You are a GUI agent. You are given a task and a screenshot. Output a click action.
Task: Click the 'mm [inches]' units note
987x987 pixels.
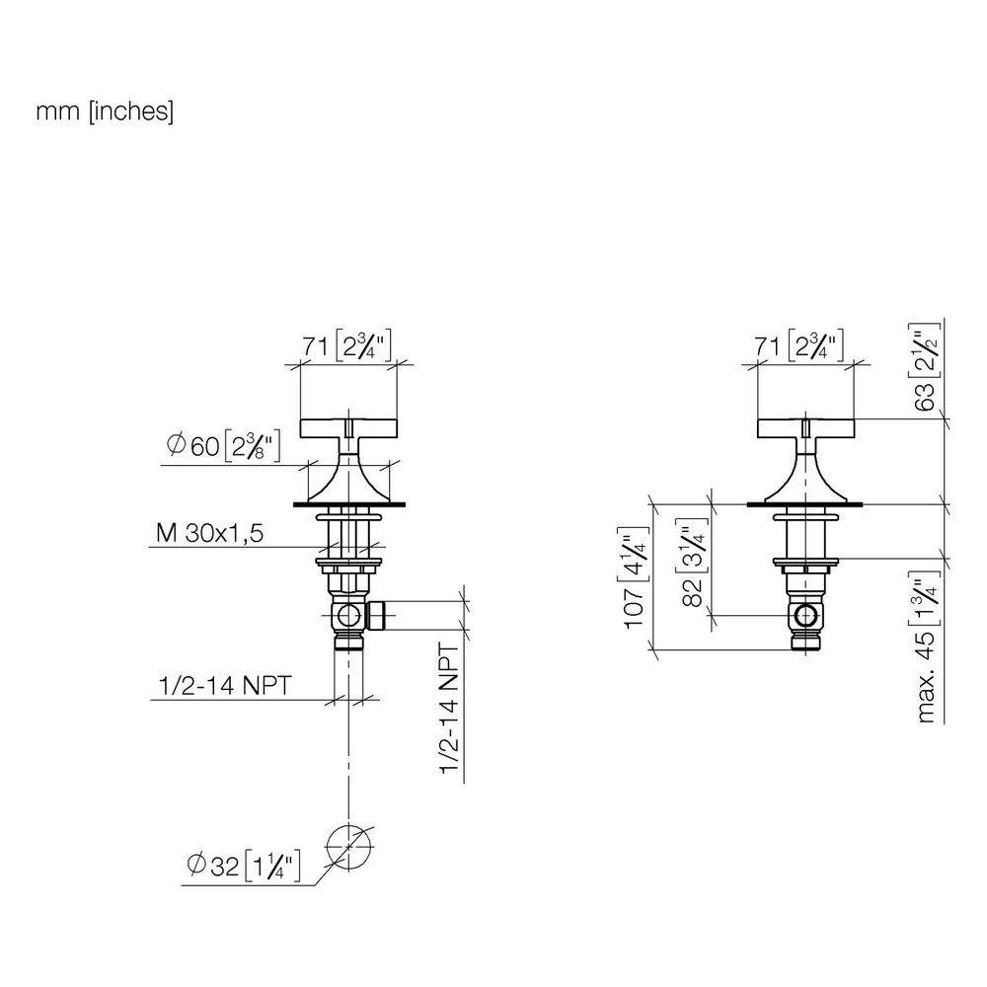tap(105, 112)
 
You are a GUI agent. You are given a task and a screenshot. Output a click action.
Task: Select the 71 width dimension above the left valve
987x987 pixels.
tap(347, 345)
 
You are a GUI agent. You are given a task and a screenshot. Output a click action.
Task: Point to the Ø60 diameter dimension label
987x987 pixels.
tap(223, 446)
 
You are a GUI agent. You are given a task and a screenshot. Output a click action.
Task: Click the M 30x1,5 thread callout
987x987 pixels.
tap(209, 533)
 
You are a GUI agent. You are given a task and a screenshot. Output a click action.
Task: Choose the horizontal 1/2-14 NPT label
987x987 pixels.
tap(225, 686)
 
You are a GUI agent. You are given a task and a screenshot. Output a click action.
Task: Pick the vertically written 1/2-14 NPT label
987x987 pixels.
tap(449, 708)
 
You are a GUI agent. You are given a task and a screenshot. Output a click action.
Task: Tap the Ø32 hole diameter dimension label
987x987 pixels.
tap(244, 867)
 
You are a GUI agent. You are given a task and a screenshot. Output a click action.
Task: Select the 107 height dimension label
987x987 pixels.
tap(634, 577)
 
